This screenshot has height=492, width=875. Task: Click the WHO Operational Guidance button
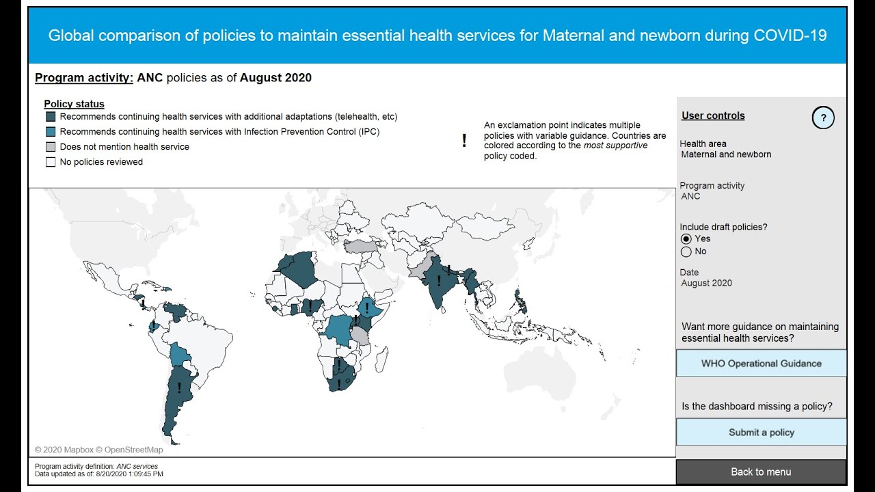[761, 364]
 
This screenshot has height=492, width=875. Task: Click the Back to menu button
[761, 471]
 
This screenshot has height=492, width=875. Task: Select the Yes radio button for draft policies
[686, 238]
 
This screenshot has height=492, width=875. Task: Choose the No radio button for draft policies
[686, 251]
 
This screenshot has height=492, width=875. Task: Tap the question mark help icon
[823, 118]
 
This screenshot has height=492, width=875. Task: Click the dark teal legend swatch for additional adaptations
[51, 117]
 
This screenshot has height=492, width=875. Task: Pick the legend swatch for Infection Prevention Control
[51, 132]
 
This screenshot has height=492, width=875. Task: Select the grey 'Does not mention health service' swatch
[51, 147]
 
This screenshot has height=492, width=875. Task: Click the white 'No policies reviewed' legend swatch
[51, 162]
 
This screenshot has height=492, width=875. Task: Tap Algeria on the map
[301, 270]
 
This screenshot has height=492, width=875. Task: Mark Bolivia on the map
[180, 355]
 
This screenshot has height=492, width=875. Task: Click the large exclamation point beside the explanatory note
[464, 141]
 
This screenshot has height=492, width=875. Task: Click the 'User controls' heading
[713, 115]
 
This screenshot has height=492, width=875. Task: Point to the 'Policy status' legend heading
[74, 104]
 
